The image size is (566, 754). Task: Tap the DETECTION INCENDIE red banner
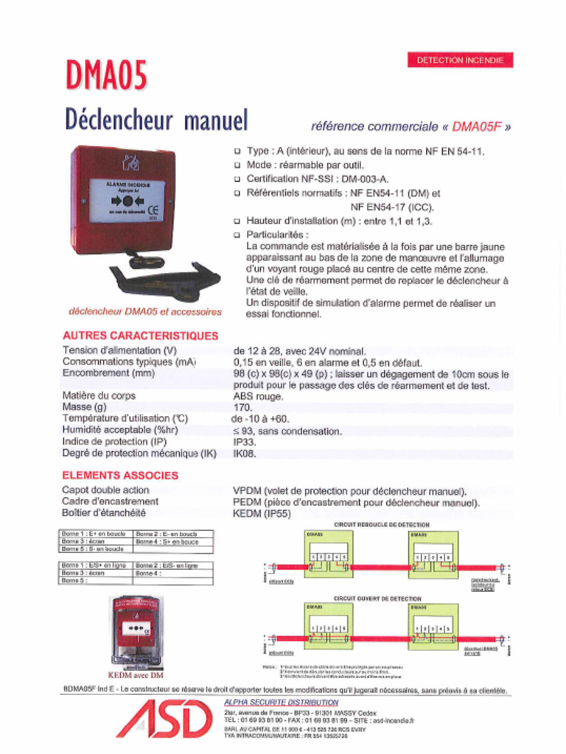(x=460, y=60)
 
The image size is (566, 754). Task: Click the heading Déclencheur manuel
(x=156, y=119)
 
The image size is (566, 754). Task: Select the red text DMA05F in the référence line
(x=476, y=126)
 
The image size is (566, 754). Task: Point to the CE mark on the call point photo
(x=153, y=208)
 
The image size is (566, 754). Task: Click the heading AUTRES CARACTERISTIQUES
(x=140, y=336)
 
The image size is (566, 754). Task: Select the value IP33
(x=245, y=442)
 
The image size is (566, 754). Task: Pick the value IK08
(x=245, y=454)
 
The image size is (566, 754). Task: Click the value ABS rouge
(x=258, y=396)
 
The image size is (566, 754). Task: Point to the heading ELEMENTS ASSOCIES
(x=120, y=476)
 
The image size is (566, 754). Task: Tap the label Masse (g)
(x=85, y=407)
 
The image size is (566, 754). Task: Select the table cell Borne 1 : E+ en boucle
(x=94, y=534)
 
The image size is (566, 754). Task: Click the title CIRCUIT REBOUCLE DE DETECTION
(x=382, y=524)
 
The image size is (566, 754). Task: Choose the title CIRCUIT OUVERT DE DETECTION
(x=377, y=599)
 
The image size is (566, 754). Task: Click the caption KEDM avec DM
(x=136, y=674)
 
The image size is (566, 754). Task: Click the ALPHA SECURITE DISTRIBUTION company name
(x=281, y=702)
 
